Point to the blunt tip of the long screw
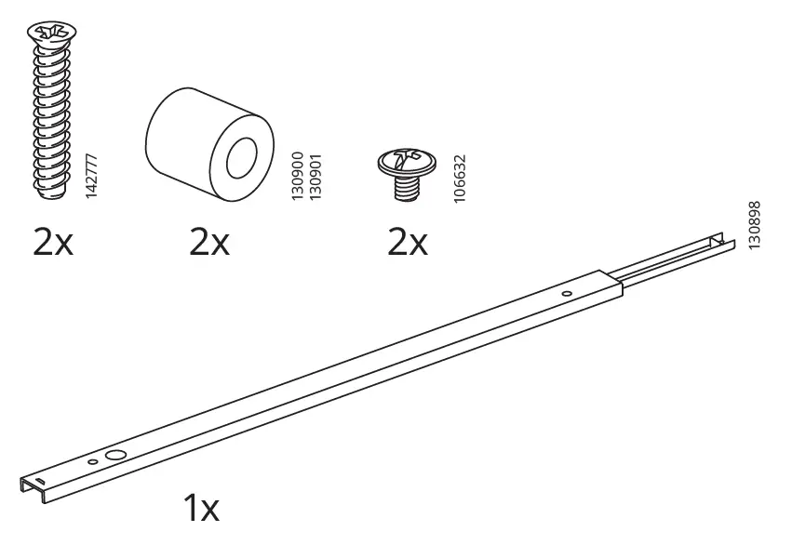pyautogui.click(x=54, y=193)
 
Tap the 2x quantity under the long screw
pyautogui.click(x=52, y=244)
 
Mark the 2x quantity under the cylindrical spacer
pyautogui.click(x=209, y=244)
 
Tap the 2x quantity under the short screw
pyautogui.click(x=407, y=244)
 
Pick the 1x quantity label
pyautogui.click(x=200, y=508)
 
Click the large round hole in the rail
pyautogui.click(x=115, y=456)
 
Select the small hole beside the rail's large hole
pyautogui.click(x=93, y=461)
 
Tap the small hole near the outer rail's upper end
pyautogui.click(x=568, y=294)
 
